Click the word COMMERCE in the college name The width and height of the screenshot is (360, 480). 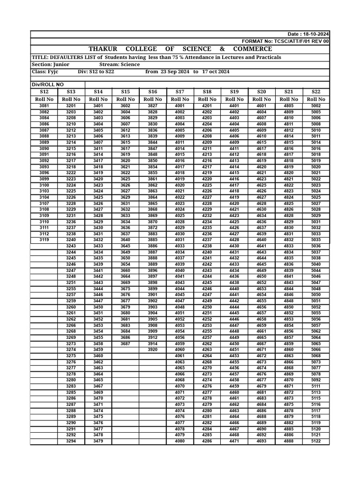point(252,49)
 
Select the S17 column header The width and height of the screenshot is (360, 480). point(180,92)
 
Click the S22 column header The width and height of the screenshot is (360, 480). point(316,92)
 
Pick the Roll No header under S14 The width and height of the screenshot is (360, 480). point(98,99)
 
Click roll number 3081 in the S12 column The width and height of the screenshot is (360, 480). point(44,106)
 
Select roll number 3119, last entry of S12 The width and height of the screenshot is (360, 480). point(44,240)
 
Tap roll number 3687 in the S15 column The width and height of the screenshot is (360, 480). point(126,344)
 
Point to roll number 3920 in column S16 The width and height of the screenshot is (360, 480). point(153,350)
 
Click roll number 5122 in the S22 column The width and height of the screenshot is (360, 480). point(316,441)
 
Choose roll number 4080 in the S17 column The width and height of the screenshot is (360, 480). point(180,441)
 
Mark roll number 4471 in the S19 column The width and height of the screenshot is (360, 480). point(234,441)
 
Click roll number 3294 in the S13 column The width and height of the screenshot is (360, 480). point(71,441)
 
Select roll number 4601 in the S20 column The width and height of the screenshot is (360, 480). point(262,106)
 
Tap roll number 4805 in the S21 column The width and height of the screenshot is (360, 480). point(289,106)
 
